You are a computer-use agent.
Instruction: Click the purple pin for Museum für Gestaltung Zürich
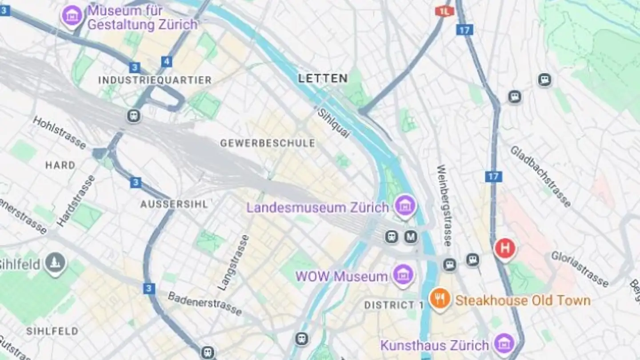(x=72, y=16)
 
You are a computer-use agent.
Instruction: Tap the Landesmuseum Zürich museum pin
(x=405, y=206)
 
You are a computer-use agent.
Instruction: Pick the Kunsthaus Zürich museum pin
(x=504, y=344)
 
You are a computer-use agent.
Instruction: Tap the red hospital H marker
(x=505, y=248)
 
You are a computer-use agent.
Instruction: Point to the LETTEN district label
(x=323, y=79)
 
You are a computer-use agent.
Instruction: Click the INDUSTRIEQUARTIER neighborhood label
(x=155, y=80)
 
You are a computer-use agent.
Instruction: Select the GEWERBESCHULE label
(x=268, y=143)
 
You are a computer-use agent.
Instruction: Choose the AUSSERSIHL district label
(x=174, y=204)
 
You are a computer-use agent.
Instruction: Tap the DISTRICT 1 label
(x=394, y=305)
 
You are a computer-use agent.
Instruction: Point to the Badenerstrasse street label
(x=205, y=304)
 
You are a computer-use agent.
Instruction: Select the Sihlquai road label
(x=334, y=123)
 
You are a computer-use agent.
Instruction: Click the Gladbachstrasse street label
(x=540, y=176)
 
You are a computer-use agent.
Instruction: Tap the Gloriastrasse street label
(x=580, y=269)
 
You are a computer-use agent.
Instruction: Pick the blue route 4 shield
(x=167, y=61)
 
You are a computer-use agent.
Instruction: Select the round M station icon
(x=411, y=237)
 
